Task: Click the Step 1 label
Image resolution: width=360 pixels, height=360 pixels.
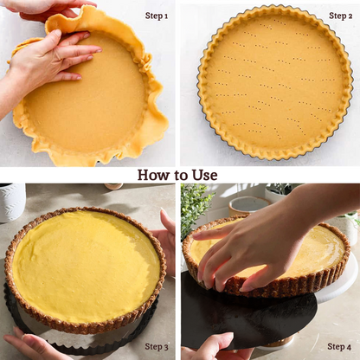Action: (x=157, y=16)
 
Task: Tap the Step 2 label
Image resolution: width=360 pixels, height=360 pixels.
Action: (x=340, y=16)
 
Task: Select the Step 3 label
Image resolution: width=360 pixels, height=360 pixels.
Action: (x=157, y=346)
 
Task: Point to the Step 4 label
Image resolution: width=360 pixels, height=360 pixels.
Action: (x=339, y=346)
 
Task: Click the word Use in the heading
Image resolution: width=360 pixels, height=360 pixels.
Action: (x=203, y=175)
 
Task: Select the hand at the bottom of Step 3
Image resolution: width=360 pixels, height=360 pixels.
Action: (x=32, y=344)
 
